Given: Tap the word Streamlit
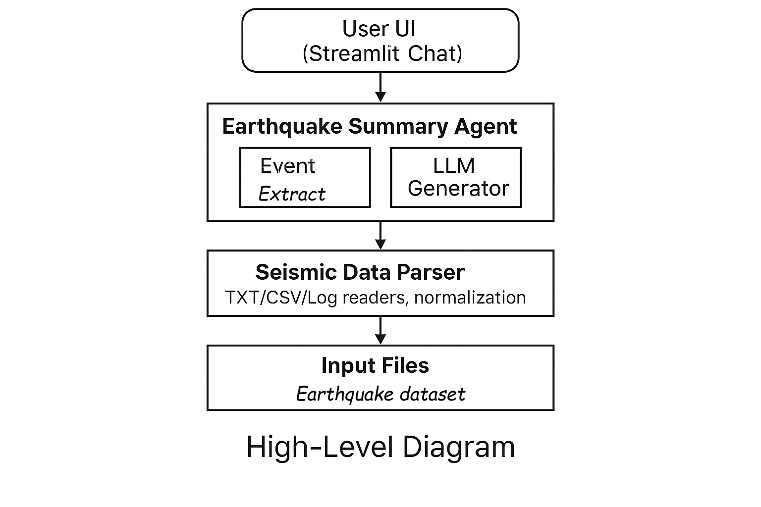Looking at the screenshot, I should (353, 53).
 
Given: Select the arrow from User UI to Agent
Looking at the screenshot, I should (380, 88).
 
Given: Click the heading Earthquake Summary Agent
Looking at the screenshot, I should (369, 126).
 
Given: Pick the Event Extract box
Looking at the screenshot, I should (305, 177).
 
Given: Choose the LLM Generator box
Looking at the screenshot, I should (455, 177).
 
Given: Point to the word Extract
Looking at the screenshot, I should (292, 194).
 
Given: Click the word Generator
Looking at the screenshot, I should (458, 189).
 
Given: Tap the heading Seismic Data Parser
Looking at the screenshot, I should (360, 272).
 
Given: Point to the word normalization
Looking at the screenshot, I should (470, 298).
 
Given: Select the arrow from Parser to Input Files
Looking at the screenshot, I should (380, 331).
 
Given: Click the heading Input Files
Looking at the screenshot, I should (375, 366).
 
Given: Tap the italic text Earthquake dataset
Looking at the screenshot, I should (380, 394).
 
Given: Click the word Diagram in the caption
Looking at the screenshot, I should (458, 447).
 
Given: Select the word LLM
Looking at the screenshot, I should (454, 166).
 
